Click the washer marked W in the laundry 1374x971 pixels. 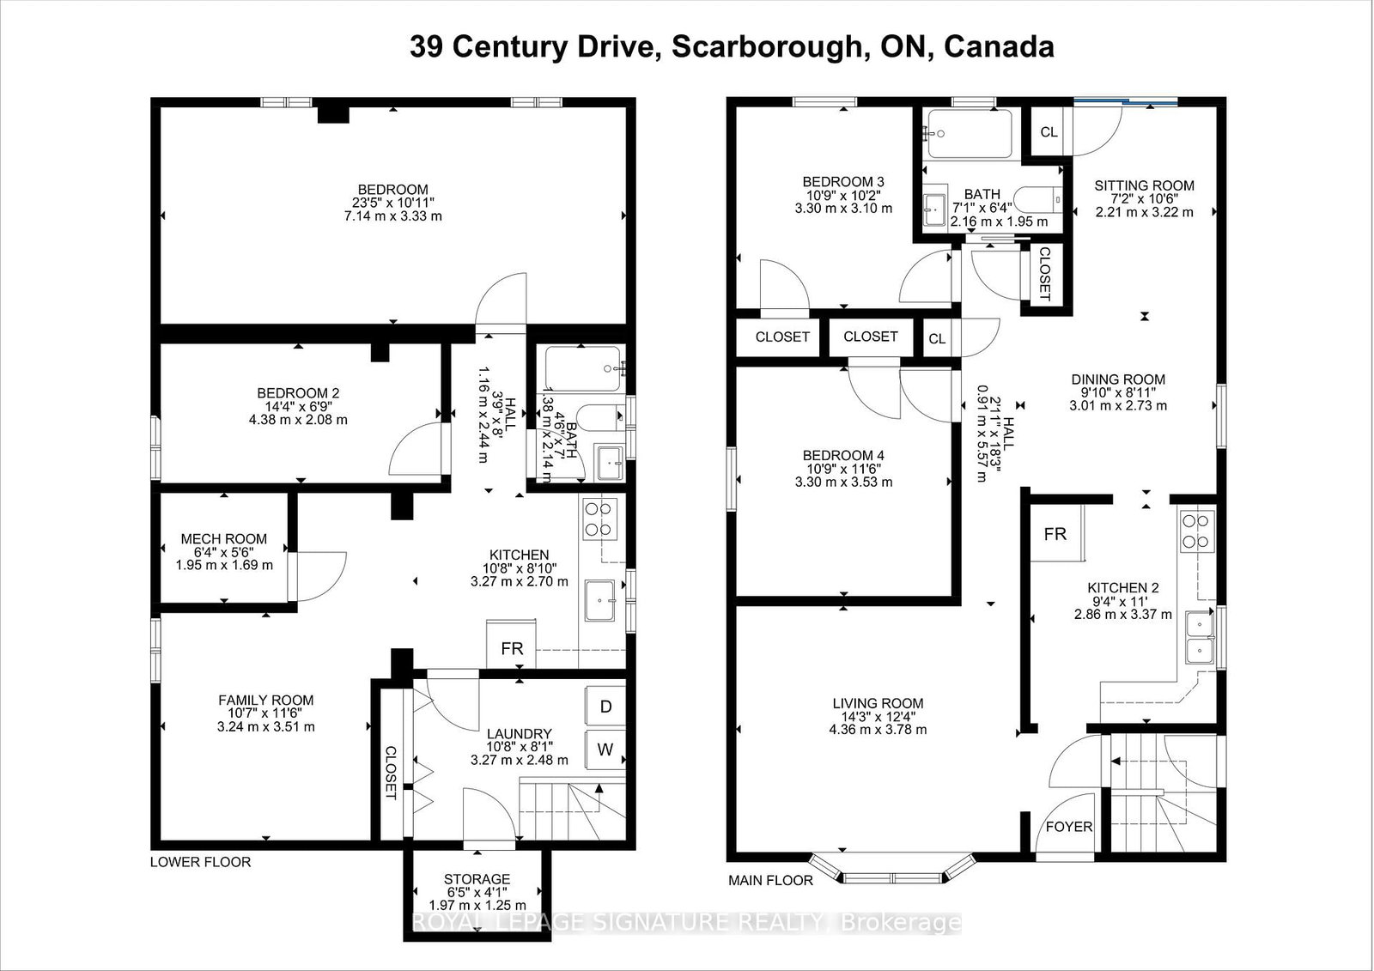(605, 749)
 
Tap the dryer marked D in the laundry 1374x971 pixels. (605, 707)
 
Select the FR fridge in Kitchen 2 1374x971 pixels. (1056, 534)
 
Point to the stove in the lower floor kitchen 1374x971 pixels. (600, 519)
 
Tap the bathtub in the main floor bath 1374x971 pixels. (970, 134)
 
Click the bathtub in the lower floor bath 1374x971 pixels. (583, 368)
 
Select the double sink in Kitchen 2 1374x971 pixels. (1200, 638)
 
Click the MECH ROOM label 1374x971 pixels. (224, 539)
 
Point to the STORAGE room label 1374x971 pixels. (477, 879)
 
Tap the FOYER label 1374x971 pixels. (1069, 827)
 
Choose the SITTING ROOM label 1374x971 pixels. (1145, 185)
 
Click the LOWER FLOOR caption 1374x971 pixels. (201, 862)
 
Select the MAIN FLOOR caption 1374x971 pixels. (770, 880)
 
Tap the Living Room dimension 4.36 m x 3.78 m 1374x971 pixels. (878, 730)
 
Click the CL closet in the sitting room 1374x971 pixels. (1049, 132)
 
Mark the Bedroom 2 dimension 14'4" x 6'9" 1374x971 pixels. (298, 407)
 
